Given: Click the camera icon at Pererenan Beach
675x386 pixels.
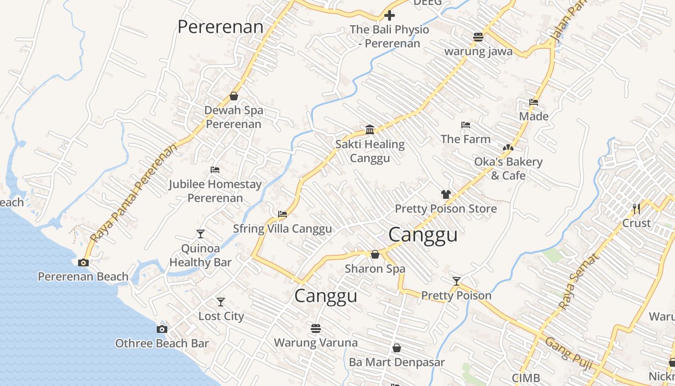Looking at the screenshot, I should click(83, 263).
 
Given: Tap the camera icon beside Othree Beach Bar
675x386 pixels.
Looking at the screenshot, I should click(162, 330).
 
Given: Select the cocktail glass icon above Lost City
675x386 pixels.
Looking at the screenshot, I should click(221, 302).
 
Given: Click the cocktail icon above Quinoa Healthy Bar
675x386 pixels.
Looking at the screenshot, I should click(201, 234).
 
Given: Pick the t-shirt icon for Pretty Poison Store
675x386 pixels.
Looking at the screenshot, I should click(445, 194).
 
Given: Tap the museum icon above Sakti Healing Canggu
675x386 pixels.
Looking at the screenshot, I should click(370, 129).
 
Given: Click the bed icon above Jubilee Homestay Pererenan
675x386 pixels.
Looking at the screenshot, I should click(215, 170).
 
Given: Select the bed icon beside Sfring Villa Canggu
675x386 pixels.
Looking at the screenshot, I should click(283, 214).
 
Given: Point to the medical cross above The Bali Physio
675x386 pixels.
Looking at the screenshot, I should click(389, 15).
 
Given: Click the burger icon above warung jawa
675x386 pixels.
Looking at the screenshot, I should click(478, 37).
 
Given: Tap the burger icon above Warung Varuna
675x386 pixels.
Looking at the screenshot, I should click(316, 329).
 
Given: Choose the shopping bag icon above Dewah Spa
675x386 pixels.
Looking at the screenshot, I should click(234, 96).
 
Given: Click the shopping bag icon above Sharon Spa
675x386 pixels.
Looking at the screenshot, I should click(375, 254).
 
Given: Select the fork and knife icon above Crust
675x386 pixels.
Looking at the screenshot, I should click(636, 208).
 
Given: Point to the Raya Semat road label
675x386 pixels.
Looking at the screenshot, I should click(579, 281).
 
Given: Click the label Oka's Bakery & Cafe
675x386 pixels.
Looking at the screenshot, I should click(508, 168).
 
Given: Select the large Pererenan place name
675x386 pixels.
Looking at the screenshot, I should click(220, 27).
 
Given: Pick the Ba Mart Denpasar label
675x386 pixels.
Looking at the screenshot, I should click(397, 362).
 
